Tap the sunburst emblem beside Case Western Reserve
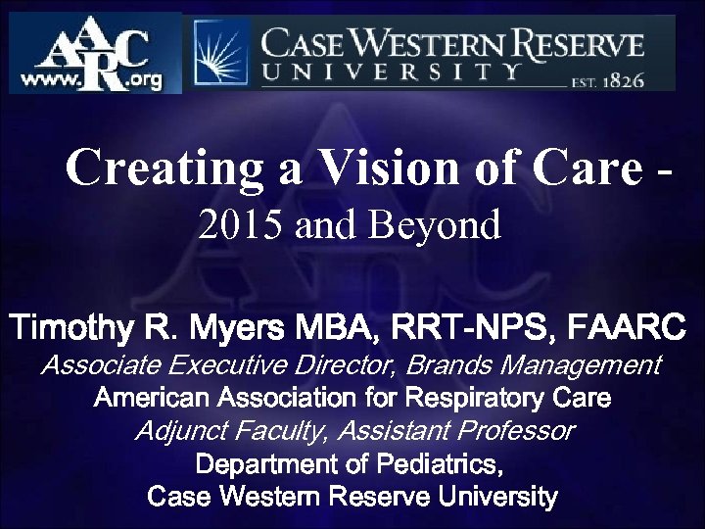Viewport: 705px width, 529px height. (x=220, y=52)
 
